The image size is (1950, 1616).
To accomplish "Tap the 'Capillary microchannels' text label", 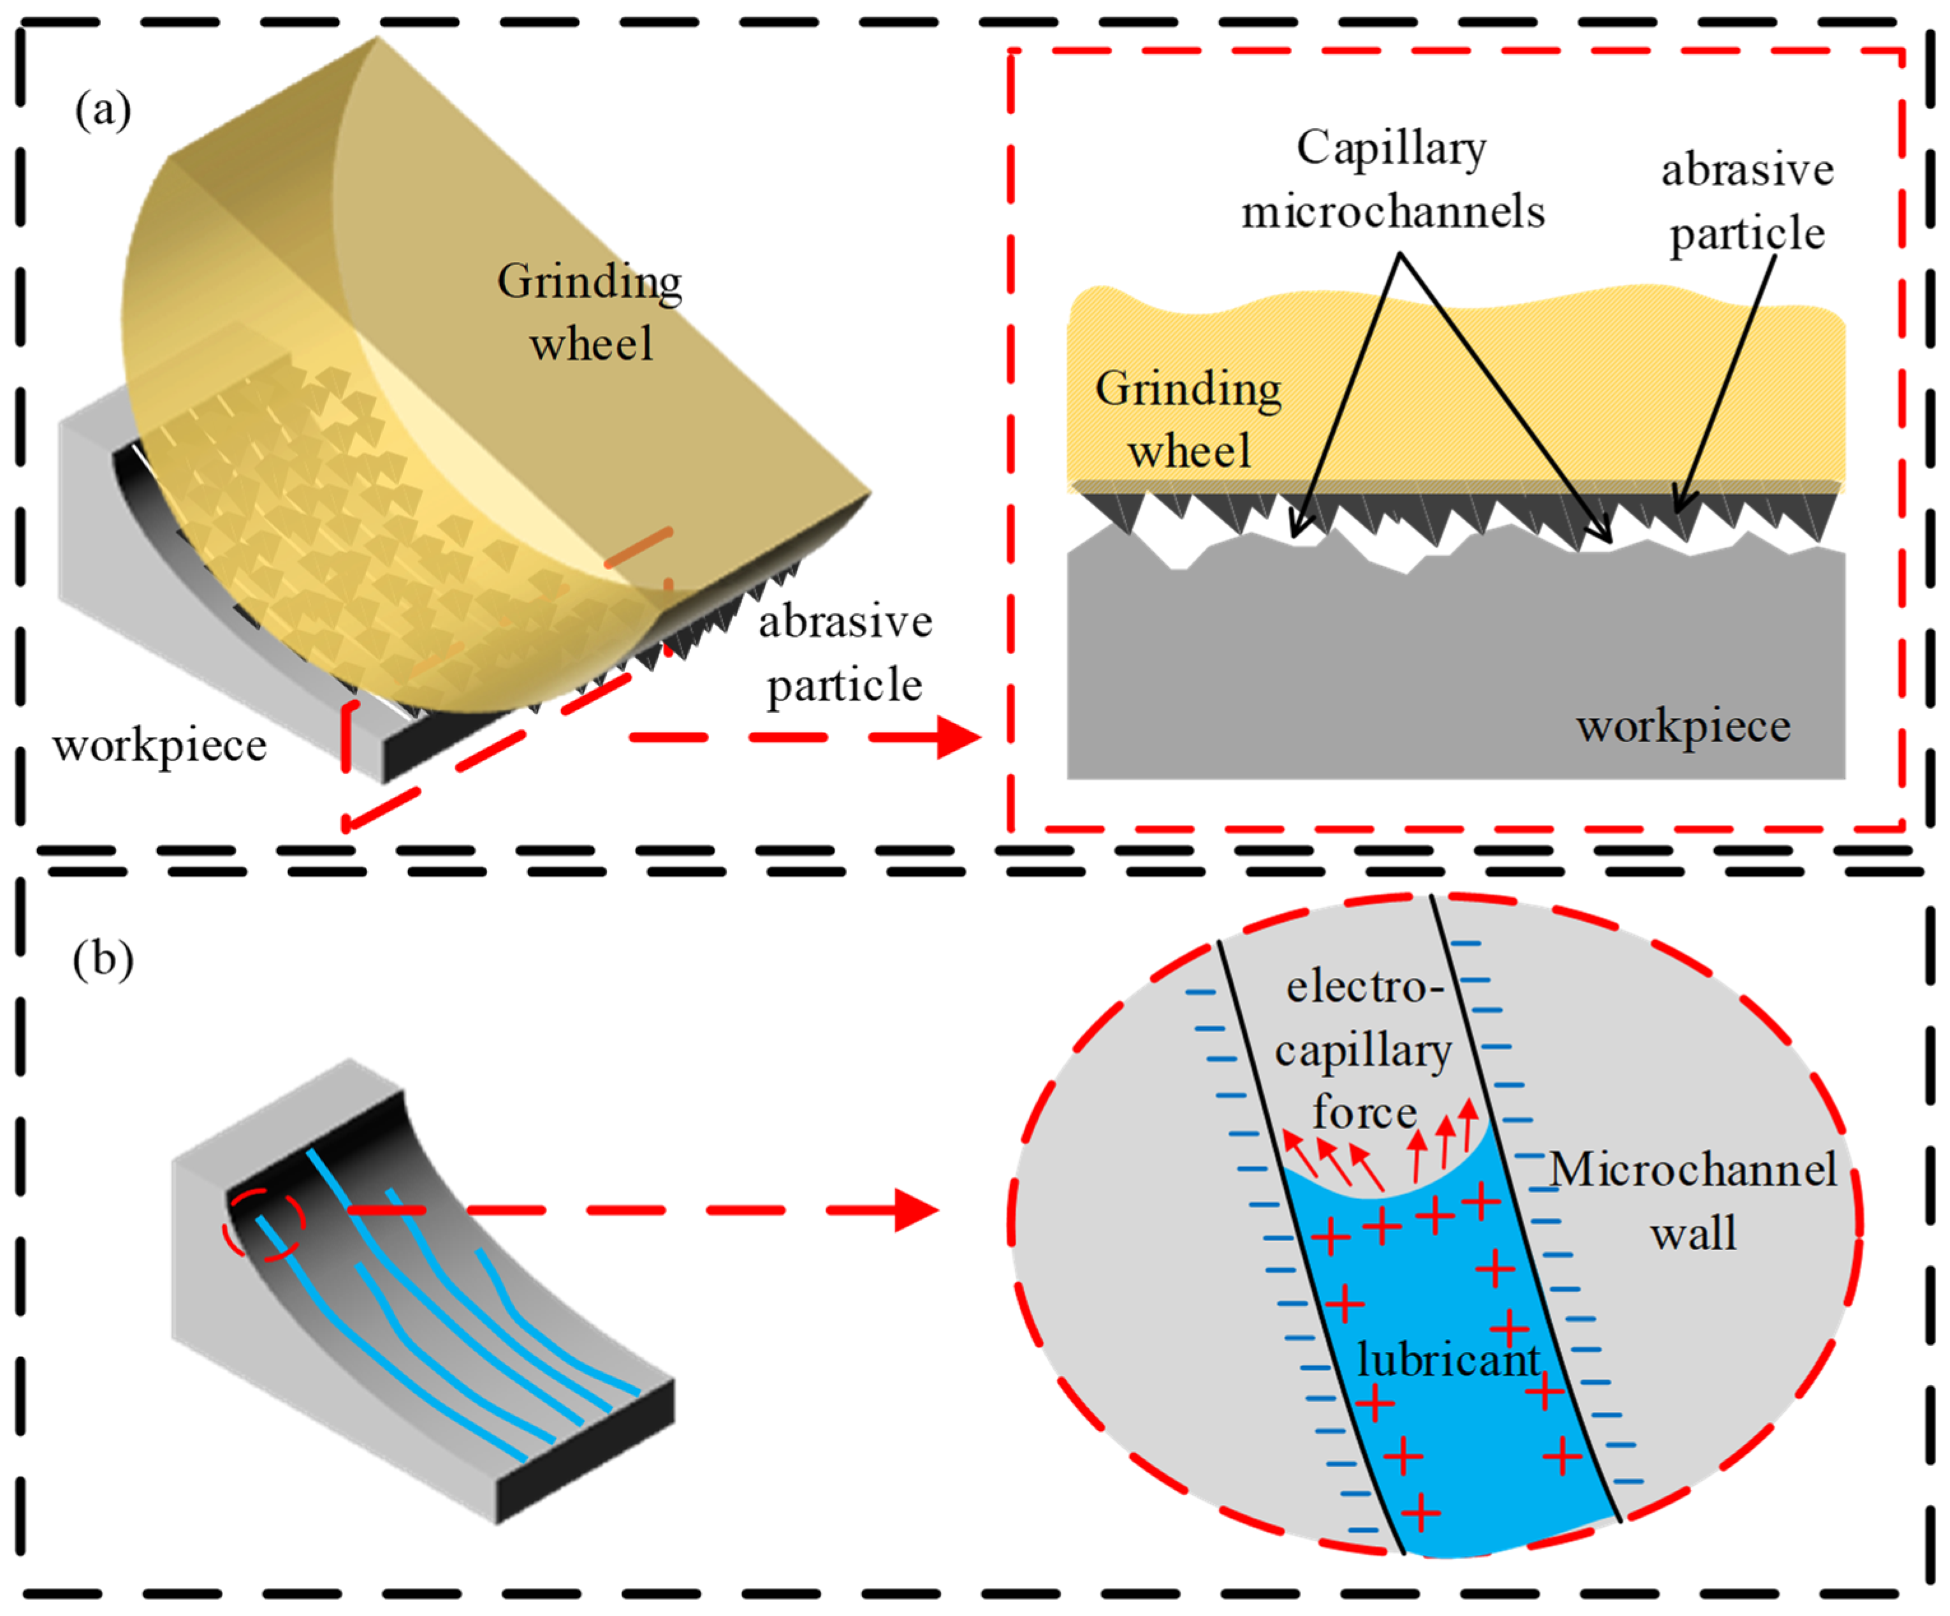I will tap(1393, 179).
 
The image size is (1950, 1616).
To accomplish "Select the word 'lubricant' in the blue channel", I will tap(1448, 1360).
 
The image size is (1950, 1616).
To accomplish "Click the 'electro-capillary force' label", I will tap(1363, 1049).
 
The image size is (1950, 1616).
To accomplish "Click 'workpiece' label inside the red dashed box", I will tap(1682, 726).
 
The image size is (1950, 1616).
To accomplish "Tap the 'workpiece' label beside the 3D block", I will tap(160, 745).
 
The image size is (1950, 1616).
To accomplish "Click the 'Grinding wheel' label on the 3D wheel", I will tap(590, 312).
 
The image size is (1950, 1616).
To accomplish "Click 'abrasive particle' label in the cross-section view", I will tap(1747, 201).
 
